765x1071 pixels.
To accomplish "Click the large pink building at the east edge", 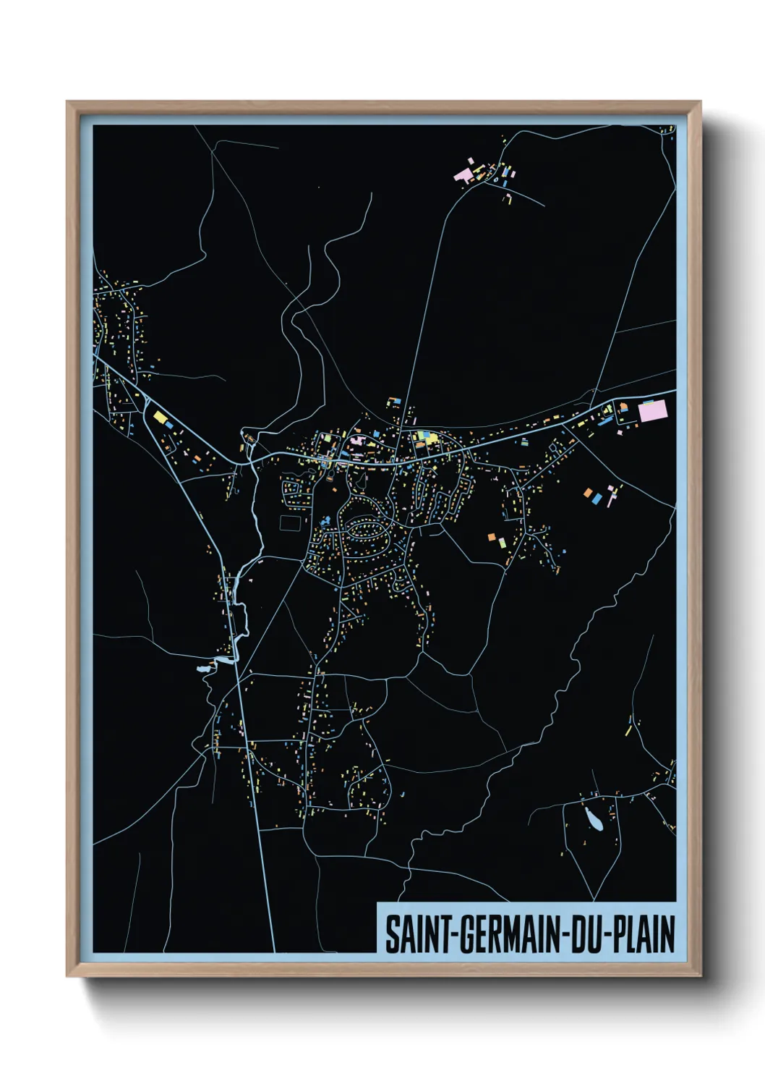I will coord(651,411).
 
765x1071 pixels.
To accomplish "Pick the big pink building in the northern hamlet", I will coord(463,174).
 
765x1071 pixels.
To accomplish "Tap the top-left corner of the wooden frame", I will coord(67,102).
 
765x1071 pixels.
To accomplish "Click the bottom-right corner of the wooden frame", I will coord(700,975).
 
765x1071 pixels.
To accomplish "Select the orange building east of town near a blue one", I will coord(587,493).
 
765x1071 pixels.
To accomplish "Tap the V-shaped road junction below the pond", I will coord(597,897).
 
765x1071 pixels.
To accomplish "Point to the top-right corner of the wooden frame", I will coord(700,102).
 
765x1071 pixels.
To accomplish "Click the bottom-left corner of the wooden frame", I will coord(67,975).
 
